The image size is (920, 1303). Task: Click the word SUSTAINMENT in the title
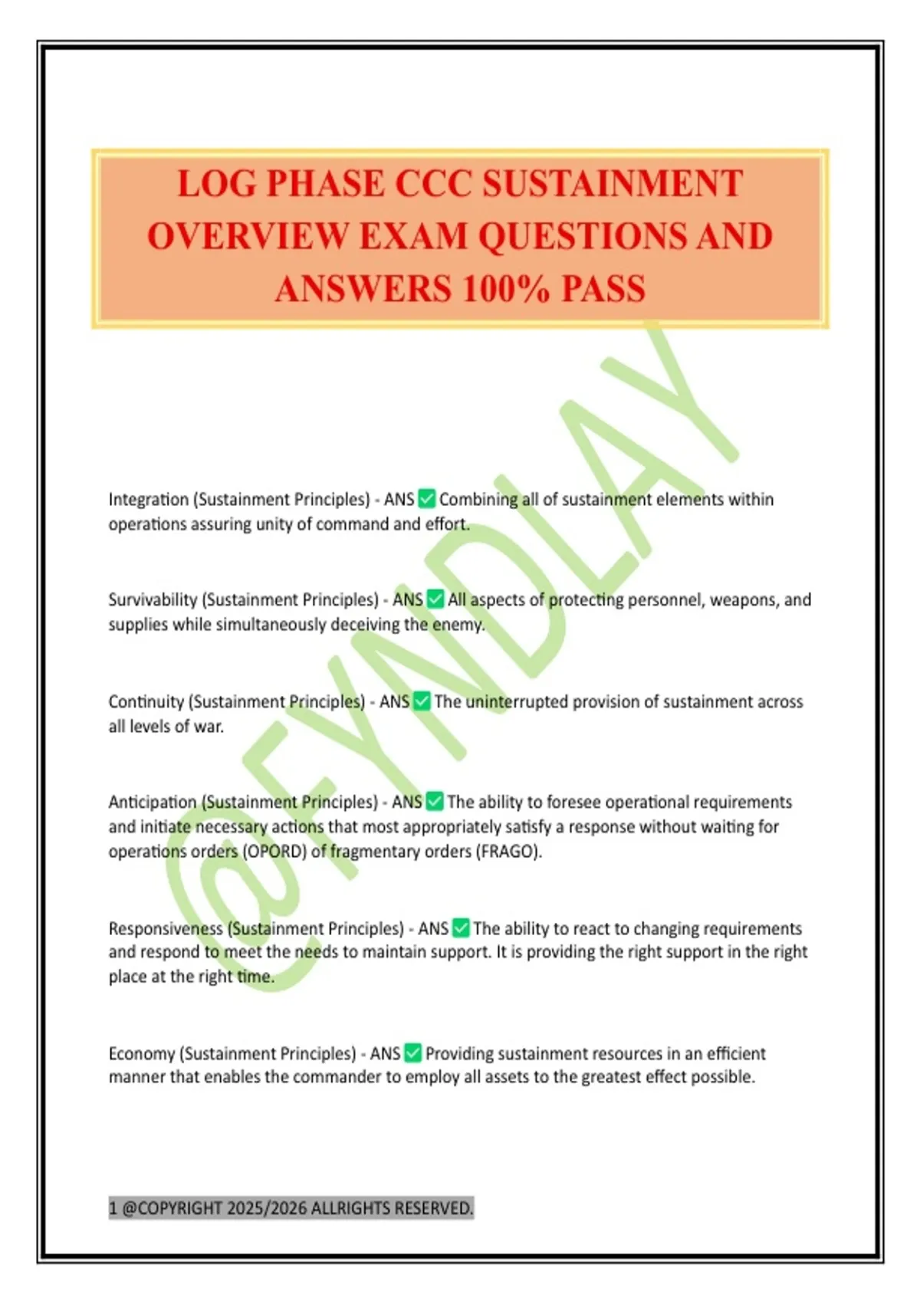point(613,184)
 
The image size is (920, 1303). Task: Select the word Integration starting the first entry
point(148,500)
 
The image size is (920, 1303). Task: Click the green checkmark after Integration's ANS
point(426,499)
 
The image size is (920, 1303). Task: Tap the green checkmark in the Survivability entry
point(435,599)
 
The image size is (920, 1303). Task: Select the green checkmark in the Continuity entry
point(422,701)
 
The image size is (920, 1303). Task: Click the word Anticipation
point(153,802)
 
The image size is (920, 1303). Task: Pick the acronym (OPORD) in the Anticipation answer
point(274,852)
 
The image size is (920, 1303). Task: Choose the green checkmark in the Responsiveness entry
point(461,928)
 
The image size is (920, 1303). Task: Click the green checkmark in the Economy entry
point(412,1053)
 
